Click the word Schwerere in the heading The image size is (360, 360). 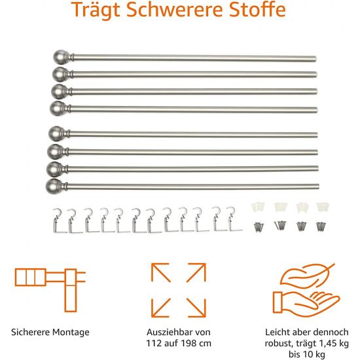[x=175, y=9]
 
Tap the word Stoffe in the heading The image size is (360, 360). [x=257, y=9]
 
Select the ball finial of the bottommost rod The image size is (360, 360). [x=53, y=185]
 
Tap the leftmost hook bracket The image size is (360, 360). [x=59, y=221]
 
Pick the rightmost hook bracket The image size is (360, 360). [x=234, y=219]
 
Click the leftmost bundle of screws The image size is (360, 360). [x=259, y=227]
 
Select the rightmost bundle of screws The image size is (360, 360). [x=321, y=226]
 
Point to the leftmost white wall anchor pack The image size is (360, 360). [x=258, y=207]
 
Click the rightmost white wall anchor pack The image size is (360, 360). [x=323, y=207]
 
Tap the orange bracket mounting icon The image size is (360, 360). [x=50, y=289]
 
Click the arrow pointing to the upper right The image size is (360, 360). [x=196, y=272]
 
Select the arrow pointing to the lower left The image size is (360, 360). [x=161, y=308]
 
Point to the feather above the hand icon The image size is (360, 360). [x=307, y=276]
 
